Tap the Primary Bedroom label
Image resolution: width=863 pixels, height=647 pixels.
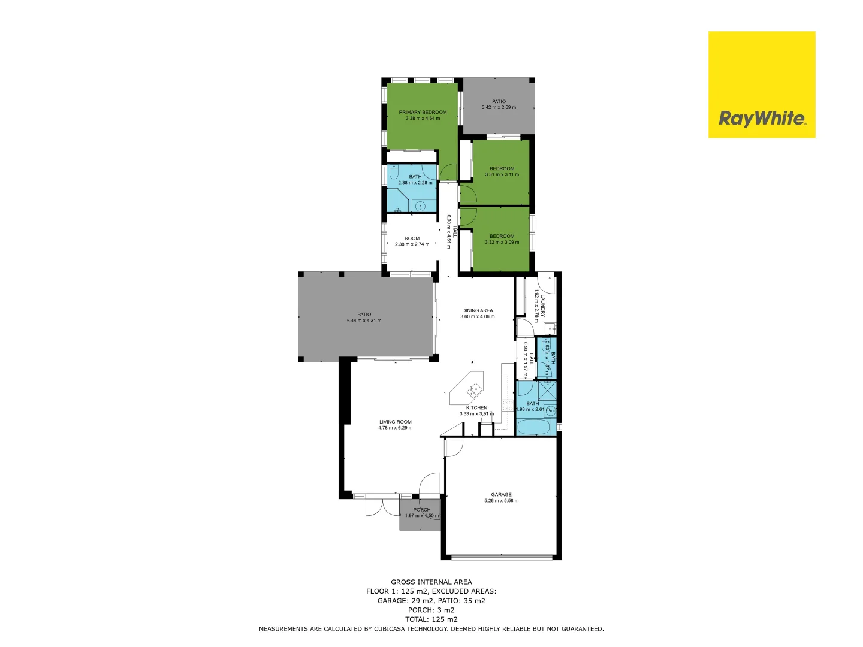click(423, 113)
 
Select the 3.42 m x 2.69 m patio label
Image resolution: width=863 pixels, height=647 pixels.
click(499, 105)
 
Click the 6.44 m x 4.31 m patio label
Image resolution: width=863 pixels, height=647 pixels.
click(364, 318)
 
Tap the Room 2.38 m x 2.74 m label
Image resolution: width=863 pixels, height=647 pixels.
click(412, 241)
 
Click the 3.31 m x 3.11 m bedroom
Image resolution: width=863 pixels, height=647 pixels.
click(502, 171)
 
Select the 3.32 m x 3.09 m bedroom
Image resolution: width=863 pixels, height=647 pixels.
click(502, 239)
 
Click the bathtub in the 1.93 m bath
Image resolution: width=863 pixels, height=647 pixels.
click(533, 428)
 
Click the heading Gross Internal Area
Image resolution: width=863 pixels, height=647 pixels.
click(431, 582)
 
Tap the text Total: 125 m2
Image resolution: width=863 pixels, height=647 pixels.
click(431, 619)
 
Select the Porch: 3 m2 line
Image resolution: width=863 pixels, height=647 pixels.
click(431, 610)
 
